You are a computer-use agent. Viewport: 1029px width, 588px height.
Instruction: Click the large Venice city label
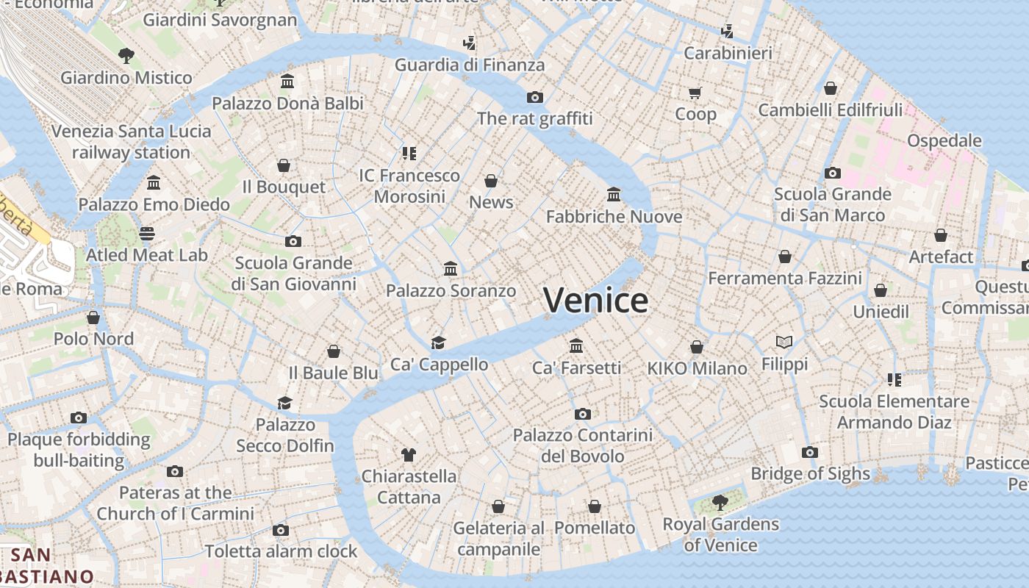595,300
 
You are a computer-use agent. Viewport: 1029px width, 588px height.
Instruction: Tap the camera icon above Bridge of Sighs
810,452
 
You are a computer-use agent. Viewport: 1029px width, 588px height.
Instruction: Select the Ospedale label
944,140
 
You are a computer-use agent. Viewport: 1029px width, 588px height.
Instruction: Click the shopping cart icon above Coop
695,93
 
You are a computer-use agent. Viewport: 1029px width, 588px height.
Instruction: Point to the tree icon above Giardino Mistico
126,55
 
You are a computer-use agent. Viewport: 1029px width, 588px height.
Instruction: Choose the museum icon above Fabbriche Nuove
614,195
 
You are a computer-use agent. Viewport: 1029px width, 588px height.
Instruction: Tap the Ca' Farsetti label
576,367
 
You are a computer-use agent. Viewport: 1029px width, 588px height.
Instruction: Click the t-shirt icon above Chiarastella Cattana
409,455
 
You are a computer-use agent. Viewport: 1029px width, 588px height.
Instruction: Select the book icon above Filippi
784,342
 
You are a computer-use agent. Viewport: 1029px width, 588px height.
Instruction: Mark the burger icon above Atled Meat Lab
147,234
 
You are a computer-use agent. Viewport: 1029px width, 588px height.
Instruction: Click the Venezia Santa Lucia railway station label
131,142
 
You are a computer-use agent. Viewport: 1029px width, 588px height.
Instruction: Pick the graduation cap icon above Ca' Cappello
439,343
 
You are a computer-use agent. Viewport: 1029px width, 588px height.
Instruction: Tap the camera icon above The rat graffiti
534,97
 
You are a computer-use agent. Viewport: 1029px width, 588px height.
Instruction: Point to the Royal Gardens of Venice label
720,534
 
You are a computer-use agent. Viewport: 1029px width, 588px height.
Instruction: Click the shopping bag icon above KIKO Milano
697,346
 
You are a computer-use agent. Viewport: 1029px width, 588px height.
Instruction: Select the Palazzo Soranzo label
451,290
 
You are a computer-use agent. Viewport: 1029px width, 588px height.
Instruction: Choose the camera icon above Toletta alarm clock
280,530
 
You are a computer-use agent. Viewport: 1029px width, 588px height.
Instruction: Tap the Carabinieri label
728,53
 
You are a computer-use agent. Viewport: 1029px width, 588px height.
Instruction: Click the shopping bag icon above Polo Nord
93,318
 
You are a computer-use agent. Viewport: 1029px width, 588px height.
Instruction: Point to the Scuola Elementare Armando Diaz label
894,412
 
